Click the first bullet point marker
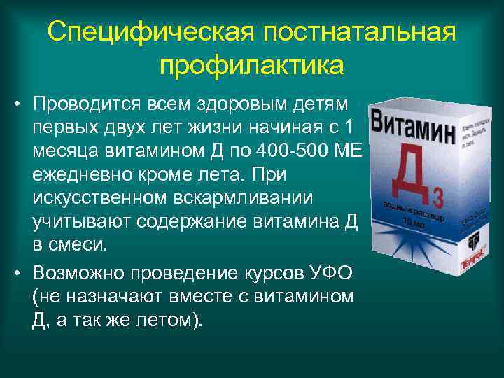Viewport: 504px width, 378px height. (x=15, y=104)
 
